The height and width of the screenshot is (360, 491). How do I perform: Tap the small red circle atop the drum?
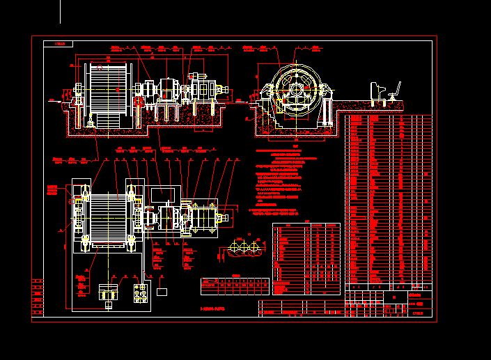[x=99, y=67]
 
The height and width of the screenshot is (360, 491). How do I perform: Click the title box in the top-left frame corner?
[x=58, y=44]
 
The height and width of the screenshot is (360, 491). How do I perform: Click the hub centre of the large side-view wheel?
[x=297, y=89]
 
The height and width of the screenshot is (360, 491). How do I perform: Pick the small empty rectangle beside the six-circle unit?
[x=162, y=291]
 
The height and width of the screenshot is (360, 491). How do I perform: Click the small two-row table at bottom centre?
[x=234, y=285]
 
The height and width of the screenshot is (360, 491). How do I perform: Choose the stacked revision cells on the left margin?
[x=37, y=297]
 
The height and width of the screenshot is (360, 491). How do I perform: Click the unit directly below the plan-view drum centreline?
[x=109, y=293]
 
